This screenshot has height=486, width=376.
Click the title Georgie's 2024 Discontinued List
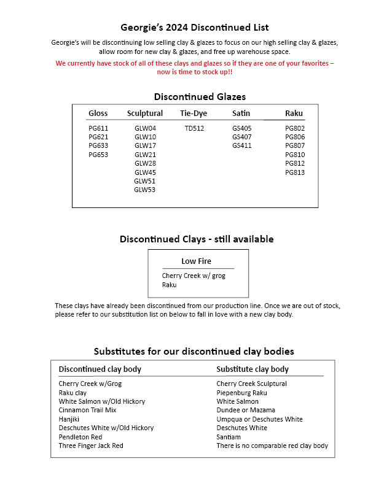[x=194, y=28]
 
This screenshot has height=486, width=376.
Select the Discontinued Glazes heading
[x=200, y=97]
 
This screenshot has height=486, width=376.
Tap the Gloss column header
[x=98, y=114]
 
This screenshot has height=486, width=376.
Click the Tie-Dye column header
[x=194, y=114]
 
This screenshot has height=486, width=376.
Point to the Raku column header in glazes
[x=294, y=114]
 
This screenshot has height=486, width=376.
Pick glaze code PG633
[x=98, y=146]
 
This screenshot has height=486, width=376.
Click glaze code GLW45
[x=145, y=172]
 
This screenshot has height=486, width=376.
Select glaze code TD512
[x=194, y=128]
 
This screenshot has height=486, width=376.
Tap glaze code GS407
[x=242, y=137]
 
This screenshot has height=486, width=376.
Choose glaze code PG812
[x=295, y=164]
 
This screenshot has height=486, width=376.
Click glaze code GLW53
[x=145, y=190]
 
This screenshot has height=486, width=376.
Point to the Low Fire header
[x=196, y=261]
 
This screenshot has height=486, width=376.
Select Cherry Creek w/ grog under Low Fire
[x=194, y=276]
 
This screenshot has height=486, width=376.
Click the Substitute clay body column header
[x=253, y=369]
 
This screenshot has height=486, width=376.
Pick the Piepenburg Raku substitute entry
[x=241, y=393]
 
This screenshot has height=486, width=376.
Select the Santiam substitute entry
[x=229, y=437]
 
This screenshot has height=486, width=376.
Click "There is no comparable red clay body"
[x=272, y=445]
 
